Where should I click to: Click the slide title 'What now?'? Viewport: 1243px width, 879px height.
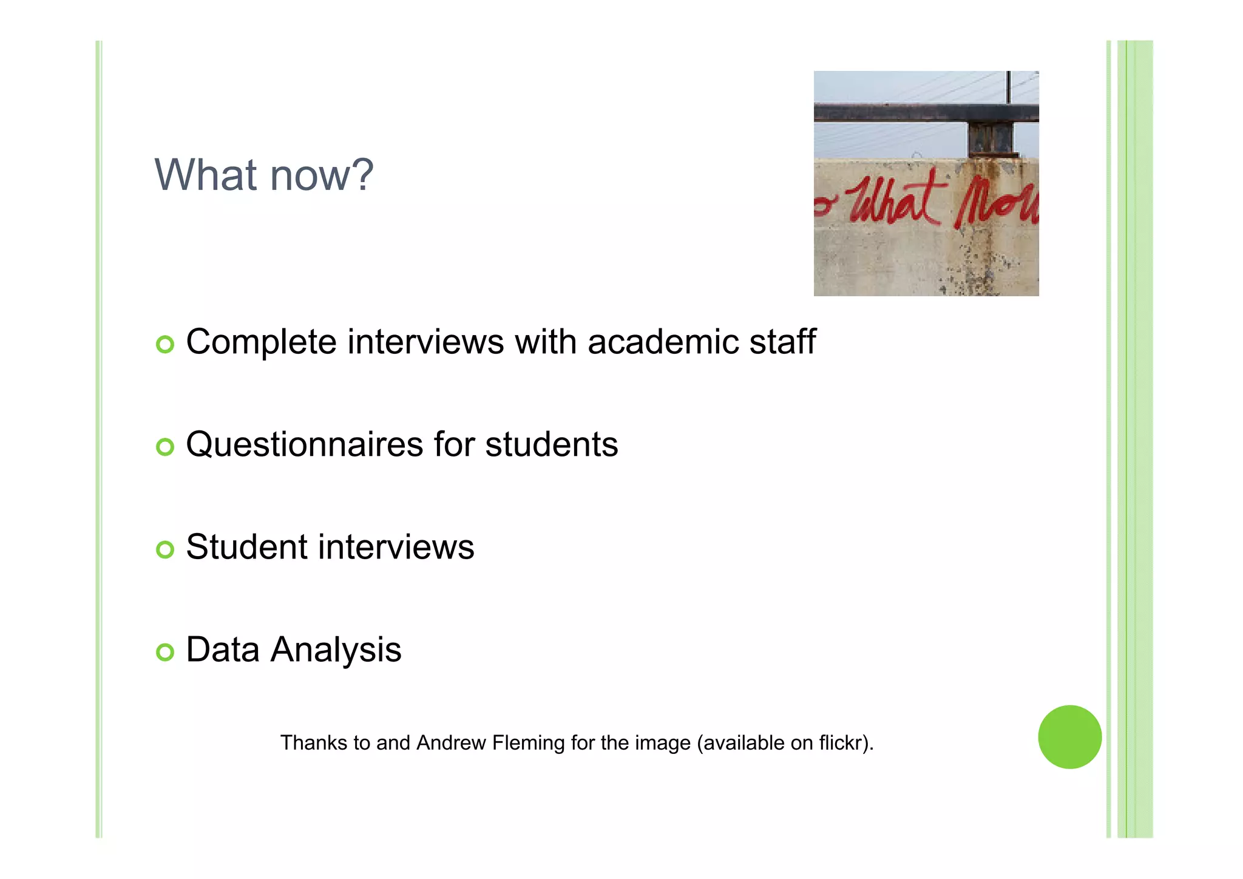(264, 175)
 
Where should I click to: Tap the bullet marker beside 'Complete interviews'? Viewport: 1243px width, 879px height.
(165, 344)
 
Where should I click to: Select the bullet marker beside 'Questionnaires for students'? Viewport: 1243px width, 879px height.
(165, 447)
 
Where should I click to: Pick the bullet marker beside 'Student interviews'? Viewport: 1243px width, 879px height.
(165, 549)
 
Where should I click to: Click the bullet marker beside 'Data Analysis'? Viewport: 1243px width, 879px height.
(165, 652)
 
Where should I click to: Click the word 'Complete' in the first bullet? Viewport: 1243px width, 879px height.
(261, 342)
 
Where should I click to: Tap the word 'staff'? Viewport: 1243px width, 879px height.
(782, 341)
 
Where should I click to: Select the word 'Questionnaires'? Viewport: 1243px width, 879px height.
(304, 445)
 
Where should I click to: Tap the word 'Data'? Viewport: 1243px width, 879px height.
(223, 649)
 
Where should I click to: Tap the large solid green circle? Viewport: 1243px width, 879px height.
(1069, 737)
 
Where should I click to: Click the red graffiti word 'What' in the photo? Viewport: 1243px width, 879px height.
(892, 200)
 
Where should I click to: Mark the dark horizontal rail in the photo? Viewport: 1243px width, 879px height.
(898, 113)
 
